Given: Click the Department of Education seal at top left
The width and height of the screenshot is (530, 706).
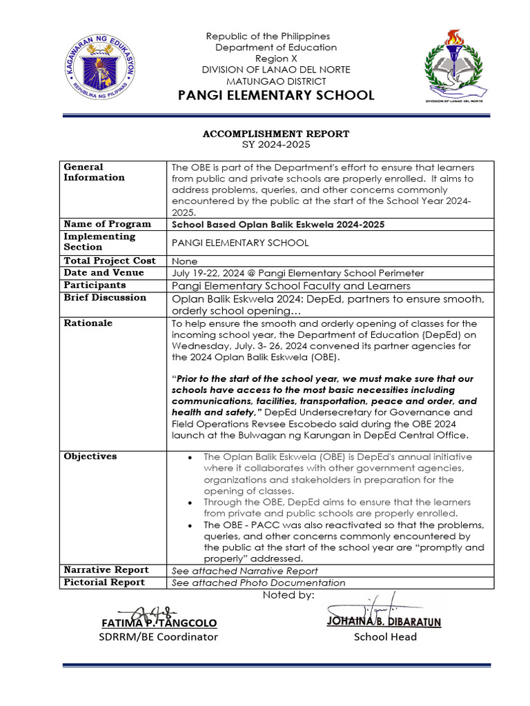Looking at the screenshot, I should click(101, 67).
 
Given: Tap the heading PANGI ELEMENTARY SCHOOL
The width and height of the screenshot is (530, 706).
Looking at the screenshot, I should click(276, 95).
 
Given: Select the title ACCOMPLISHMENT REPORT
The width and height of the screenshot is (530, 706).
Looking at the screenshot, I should click(275, 134).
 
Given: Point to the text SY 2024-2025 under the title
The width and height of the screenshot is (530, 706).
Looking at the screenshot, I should click(275, 145).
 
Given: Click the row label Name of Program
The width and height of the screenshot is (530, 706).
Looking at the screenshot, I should click(107, 224).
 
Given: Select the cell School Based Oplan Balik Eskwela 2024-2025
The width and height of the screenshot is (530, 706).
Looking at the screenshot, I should click(277, 225).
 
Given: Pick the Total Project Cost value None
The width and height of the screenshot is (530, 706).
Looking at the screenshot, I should click(184, 261).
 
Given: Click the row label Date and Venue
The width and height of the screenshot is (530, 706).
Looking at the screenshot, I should click(104, 273).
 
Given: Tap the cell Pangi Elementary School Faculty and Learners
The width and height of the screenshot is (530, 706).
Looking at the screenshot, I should click(291, 285).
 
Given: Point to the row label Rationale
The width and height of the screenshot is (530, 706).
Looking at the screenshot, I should click(88, 323).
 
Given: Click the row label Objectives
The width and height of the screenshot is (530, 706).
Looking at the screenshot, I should click(90, 456).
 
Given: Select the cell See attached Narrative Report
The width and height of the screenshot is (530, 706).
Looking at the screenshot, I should click(244, 571).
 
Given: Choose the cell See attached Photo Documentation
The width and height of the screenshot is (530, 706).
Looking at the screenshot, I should click(258, 583).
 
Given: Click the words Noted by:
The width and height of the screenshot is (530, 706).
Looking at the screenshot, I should click(288, 595).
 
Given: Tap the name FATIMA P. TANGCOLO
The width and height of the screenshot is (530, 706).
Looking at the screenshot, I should click(159, 623).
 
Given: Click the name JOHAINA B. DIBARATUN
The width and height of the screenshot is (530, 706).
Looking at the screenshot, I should click(384, 622).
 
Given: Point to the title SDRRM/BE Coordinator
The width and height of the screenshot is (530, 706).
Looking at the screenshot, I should click(158, 637).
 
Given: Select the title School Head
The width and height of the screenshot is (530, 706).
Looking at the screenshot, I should click(385, 637).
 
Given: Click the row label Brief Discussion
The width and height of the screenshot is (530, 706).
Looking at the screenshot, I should click(105, 298).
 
